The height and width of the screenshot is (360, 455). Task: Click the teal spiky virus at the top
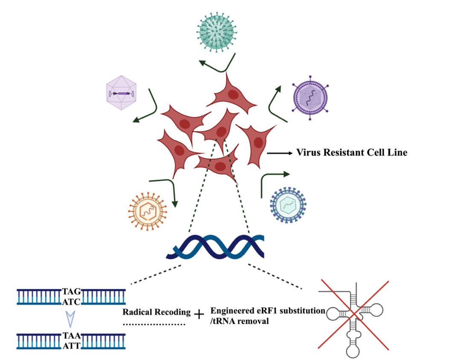click(x=217, y=30)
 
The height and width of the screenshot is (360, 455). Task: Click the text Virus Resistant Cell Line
click(x=352, y=153)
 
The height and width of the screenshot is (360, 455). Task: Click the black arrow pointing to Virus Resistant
click(x=280, y=153)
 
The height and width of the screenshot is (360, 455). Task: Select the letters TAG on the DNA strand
click(x=71, y=291)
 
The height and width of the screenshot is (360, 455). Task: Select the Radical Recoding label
click(x=156, y=312)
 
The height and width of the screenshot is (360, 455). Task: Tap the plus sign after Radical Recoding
click(x=199, y=314)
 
